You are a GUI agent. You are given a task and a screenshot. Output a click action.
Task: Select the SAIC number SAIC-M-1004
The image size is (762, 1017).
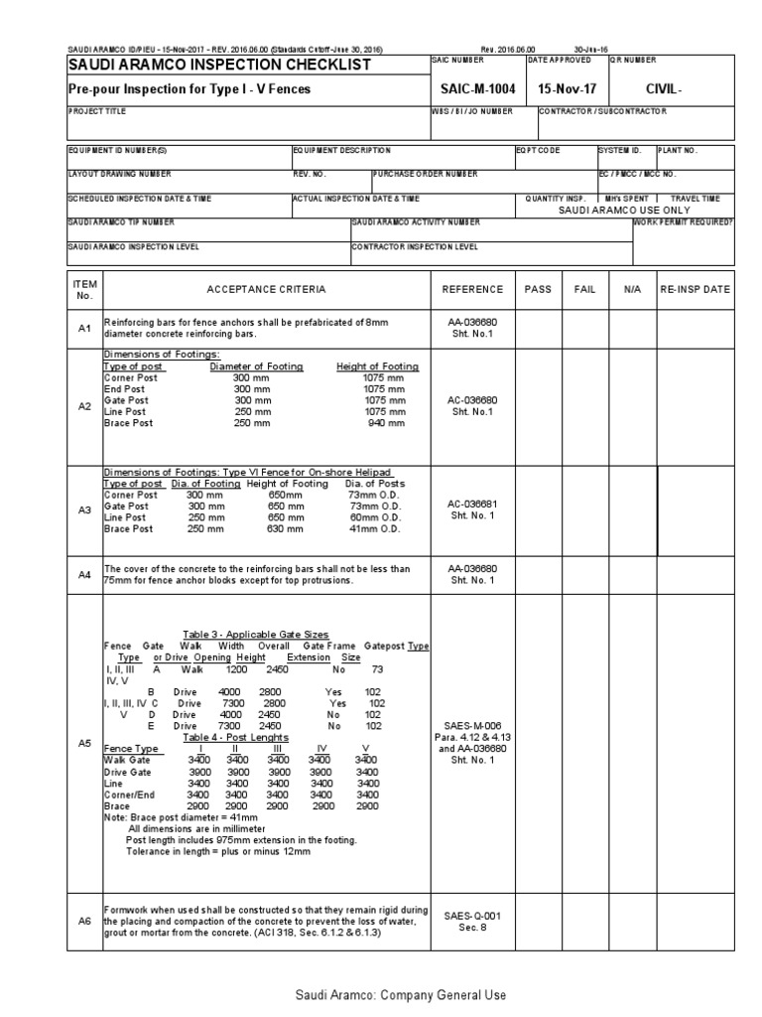471,89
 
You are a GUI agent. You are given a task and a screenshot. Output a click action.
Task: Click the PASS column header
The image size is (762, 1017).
538,289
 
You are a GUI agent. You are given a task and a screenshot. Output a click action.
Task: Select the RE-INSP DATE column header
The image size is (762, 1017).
696,289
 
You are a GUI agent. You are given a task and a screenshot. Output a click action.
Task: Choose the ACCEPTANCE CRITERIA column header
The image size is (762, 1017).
265,289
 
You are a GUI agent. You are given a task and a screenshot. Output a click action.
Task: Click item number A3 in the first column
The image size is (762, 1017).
84,509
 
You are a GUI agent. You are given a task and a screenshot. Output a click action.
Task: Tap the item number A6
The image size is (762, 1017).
84,921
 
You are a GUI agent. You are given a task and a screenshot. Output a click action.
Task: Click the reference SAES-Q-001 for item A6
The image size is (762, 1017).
471,916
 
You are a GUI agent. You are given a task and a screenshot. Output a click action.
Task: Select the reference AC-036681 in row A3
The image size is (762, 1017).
471,505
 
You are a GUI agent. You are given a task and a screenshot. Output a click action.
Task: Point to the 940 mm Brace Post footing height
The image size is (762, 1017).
384,423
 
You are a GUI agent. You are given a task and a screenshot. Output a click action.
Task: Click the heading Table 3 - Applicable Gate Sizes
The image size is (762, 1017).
256,634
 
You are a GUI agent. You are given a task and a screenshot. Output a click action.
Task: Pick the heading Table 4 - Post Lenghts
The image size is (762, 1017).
235,738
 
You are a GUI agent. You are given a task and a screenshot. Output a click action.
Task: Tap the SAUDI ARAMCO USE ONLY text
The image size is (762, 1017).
622,211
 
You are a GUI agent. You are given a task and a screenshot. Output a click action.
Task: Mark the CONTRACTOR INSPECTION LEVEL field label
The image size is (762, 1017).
416,246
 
